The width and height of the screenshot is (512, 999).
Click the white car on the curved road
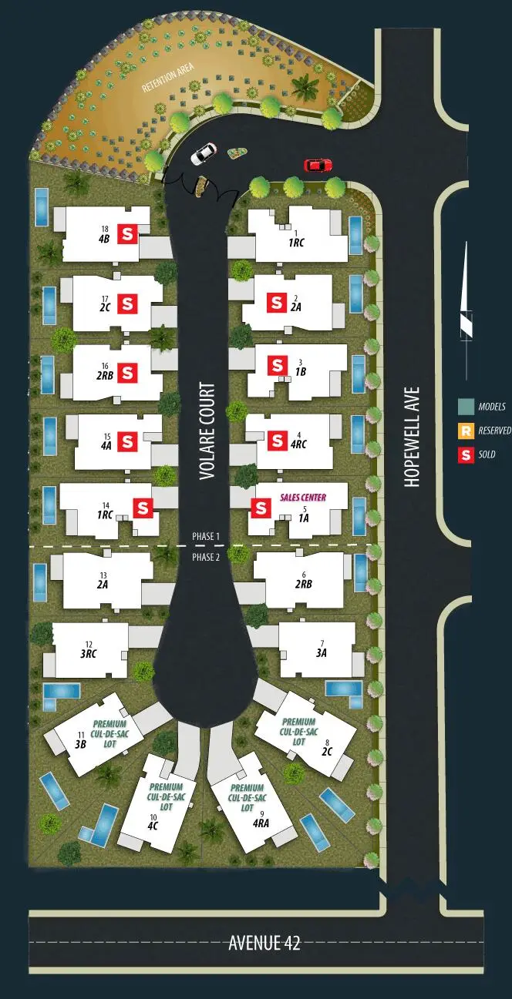point(203,154)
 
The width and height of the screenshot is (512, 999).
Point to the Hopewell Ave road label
point(412,436)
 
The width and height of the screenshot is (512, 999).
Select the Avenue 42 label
point(264,942)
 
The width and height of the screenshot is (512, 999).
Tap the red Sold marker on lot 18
point(127,234)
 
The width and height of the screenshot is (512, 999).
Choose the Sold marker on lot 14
point(143,508)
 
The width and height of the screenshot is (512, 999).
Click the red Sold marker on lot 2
point(275,303)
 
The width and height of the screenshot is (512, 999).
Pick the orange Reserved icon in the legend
point(465,431)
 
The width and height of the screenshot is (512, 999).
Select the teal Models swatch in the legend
point(465,407)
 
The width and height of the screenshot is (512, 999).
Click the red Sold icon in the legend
point(465,454)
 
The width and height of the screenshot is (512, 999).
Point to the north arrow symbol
point(465,300)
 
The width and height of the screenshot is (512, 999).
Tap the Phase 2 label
point(206,558)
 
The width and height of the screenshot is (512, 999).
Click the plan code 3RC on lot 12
point(89,654)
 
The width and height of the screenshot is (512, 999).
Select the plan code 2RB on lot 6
point(303,584)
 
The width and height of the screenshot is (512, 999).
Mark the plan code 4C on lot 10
point(153,826)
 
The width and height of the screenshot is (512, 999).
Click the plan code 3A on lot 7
point(322,652)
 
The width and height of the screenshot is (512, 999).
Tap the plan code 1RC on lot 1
point(296,242)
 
